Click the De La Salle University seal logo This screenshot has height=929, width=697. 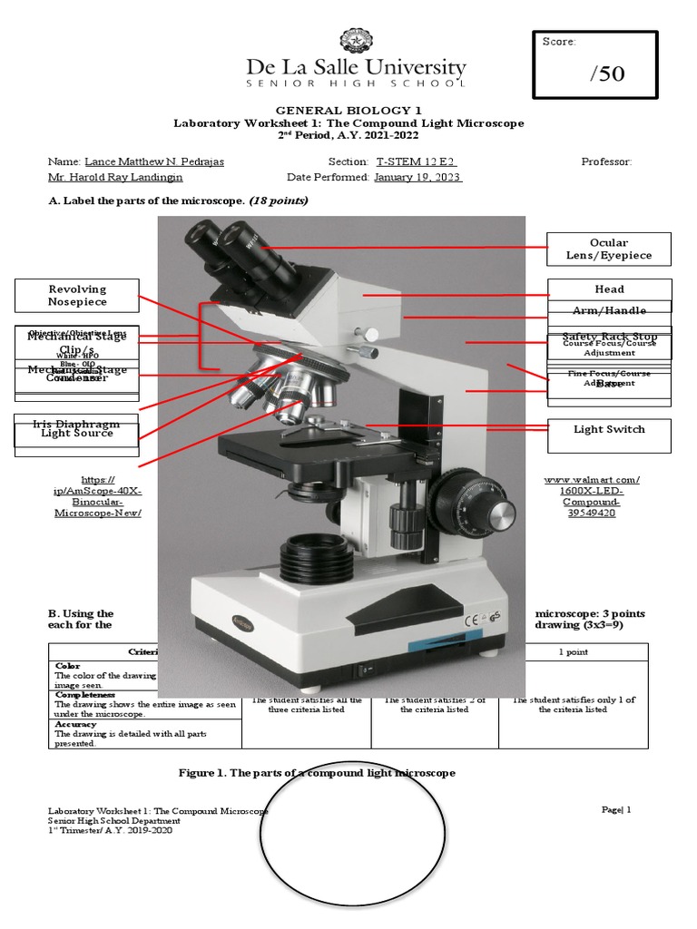(x=356, y=42)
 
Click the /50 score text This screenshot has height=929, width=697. (x=606, y=73)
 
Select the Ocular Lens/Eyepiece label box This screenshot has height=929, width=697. (x=608, y=249)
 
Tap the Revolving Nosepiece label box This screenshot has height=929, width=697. (x=77, y=295)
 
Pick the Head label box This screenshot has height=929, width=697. (x=609, y=289)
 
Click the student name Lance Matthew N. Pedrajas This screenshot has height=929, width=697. (x=154, y=161)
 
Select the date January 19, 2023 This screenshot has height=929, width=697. (x=417, y=178)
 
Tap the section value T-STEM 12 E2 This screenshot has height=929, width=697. (x=416, y=161)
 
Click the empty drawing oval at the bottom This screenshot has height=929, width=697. (x=354, y=842)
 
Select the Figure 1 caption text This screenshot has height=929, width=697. (x=317, y=772)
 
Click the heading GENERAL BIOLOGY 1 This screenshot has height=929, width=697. (x=348, y=110)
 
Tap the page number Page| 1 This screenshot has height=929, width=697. (x=615, y=809)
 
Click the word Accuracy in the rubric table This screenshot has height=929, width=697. (x=75, y=724)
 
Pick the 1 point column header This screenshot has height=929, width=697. (x=573, y=651)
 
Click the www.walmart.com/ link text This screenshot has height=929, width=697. (x=591, y=479)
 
